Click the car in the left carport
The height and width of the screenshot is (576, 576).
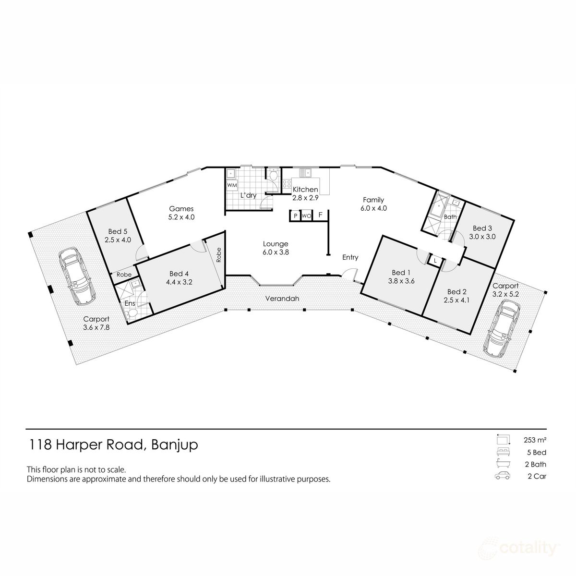click(x=75, y=276)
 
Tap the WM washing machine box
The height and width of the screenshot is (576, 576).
click(x=232, y=185)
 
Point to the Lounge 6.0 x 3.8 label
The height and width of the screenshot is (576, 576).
click(x=275, y=248)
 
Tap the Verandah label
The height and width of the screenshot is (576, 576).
click(x=282, y=299)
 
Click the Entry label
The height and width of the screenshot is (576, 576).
click(x=350, y=257)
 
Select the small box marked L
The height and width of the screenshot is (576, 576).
click(x=435, y=260)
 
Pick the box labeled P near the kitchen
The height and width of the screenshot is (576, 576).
click(x=295, y=216)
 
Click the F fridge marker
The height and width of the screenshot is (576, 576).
click(x=320, y=215)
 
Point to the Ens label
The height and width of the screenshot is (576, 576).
click(x=130, y=303)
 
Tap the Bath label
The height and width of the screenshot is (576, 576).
click(x=450, y=217)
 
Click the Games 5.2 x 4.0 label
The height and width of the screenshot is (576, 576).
click(x=181, y=213)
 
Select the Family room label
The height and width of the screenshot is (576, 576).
click(x=373, y=204)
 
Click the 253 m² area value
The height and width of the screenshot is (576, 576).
click(x=535, y=439)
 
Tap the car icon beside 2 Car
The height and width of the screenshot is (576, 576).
click(x=502, y=476)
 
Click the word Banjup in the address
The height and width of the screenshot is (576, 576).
click(x=174, y=445)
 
